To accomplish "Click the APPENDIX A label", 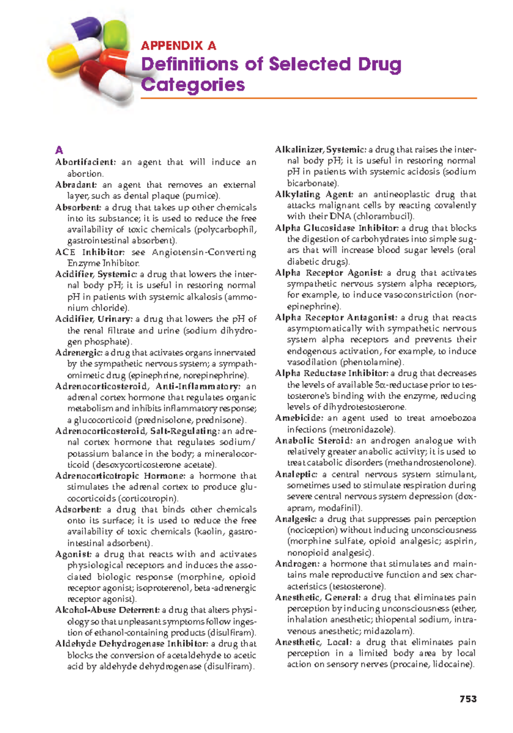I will tap(178, 46).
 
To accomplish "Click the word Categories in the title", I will tap(193, 85).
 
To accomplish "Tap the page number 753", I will tap(468, 699).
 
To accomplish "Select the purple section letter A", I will tap(59, 150).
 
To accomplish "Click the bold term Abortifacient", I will tap(85, 163).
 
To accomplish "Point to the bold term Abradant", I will tap(76, 185).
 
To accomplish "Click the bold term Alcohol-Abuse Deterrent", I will tap(107, 610).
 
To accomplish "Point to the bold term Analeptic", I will tap(296, 474).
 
